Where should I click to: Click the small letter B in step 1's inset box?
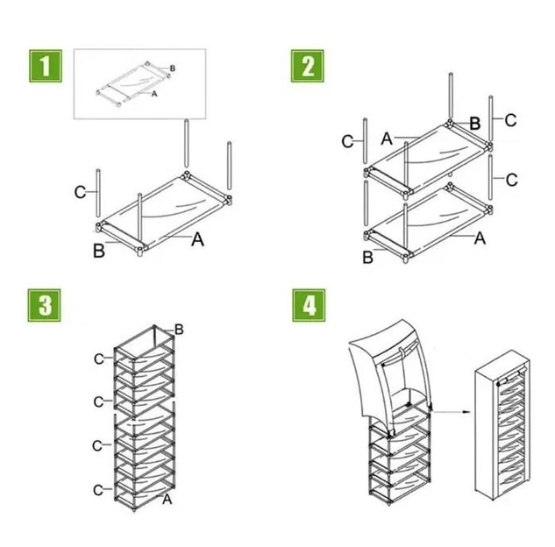click(173, 67)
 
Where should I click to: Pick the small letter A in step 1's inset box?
click(154, 92)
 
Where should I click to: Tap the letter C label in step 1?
click(80, 192)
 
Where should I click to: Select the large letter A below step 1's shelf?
click(197, 239)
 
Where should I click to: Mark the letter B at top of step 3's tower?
click(179, 329)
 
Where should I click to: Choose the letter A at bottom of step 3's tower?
click(167, 499)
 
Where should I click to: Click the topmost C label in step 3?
click(99, 359)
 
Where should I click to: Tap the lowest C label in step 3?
click(99, 488)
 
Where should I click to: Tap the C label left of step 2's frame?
click(347, 141)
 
